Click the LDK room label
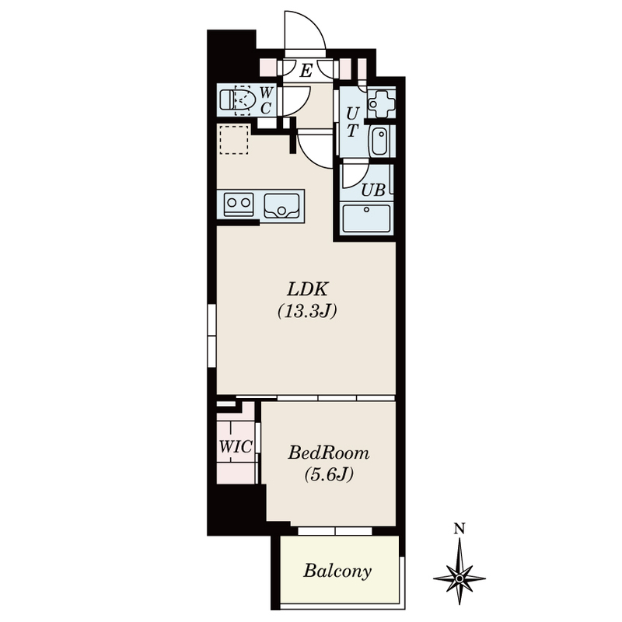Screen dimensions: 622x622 307,289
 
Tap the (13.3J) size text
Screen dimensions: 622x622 307,312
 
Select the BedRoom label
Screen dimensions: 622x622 328,453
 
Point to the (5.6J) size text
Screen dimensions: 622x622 329,474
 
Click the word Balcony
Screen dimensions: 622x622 337,571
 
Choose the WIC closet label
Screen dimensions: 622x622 236,447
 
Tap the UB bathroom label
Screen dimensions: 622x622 373,190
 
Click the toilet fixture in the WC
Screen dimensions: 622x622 237,100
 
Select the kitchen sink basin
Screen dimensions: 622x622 281,205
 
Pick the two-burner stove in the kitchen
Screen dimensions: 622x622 239,204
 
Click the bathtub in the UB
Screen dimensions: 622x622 366,220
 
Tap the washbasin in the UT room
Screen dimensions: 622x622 381,142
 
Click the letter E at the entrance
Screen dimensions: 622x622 306,72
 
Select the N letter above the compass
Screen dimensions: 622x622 460,529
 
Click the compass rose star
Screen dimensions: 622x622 460,578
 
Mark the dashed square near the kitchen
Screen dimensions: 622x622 234,140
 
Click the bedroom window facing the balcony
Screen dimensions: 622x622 335,531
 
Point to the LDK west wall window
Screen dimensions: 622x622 211,336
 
